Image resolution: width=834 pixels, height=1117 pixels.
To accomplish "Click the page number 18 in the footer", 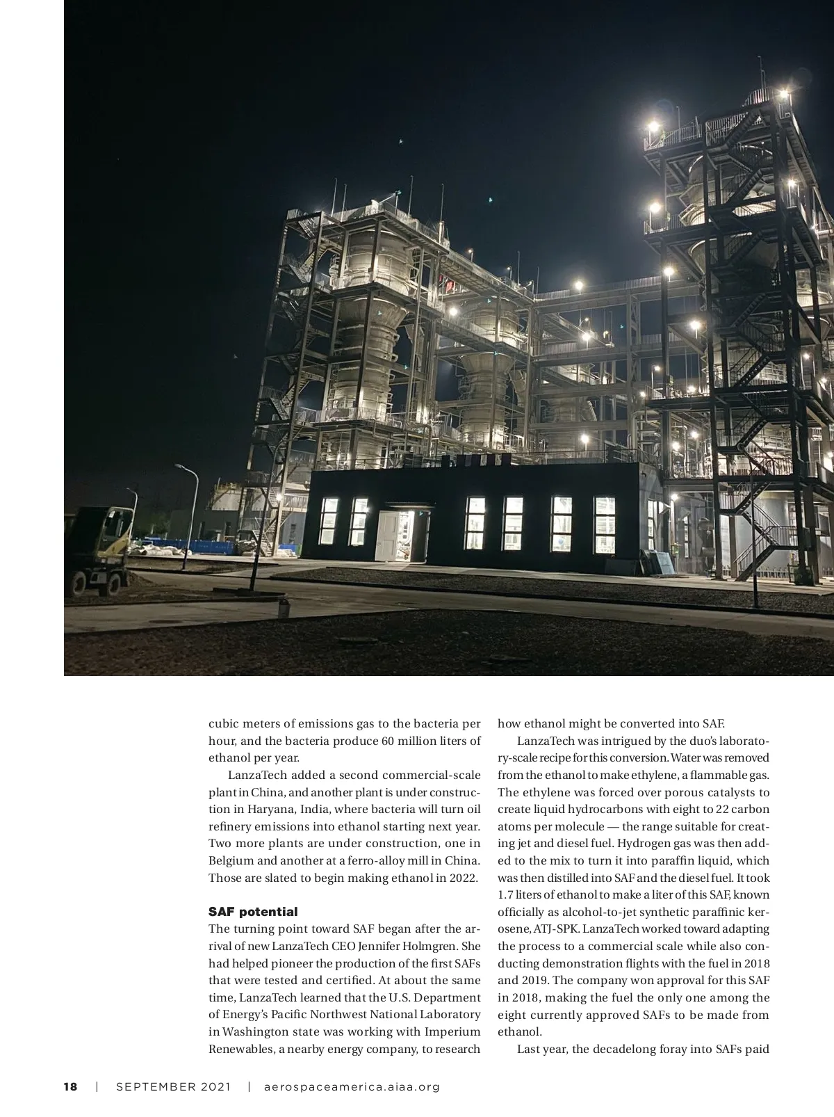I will pyautogui.click(x=70, y=1086).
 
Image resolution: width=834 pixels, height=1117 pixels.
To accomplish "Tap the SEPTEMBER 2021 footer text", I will pyautogui.click(x=172, y=1086).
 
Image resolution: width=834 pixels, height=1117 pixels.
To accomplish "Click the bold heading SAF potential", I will pyautogui.click(x=253, y=911).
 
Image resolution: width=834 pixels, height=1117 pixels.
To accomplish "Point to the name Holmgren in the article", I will pyautogui.click(x=435, y=946).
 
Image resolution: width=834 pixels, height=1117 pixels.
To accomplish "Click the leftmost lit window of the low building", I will pyautogui.click(x=328, y=521).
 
